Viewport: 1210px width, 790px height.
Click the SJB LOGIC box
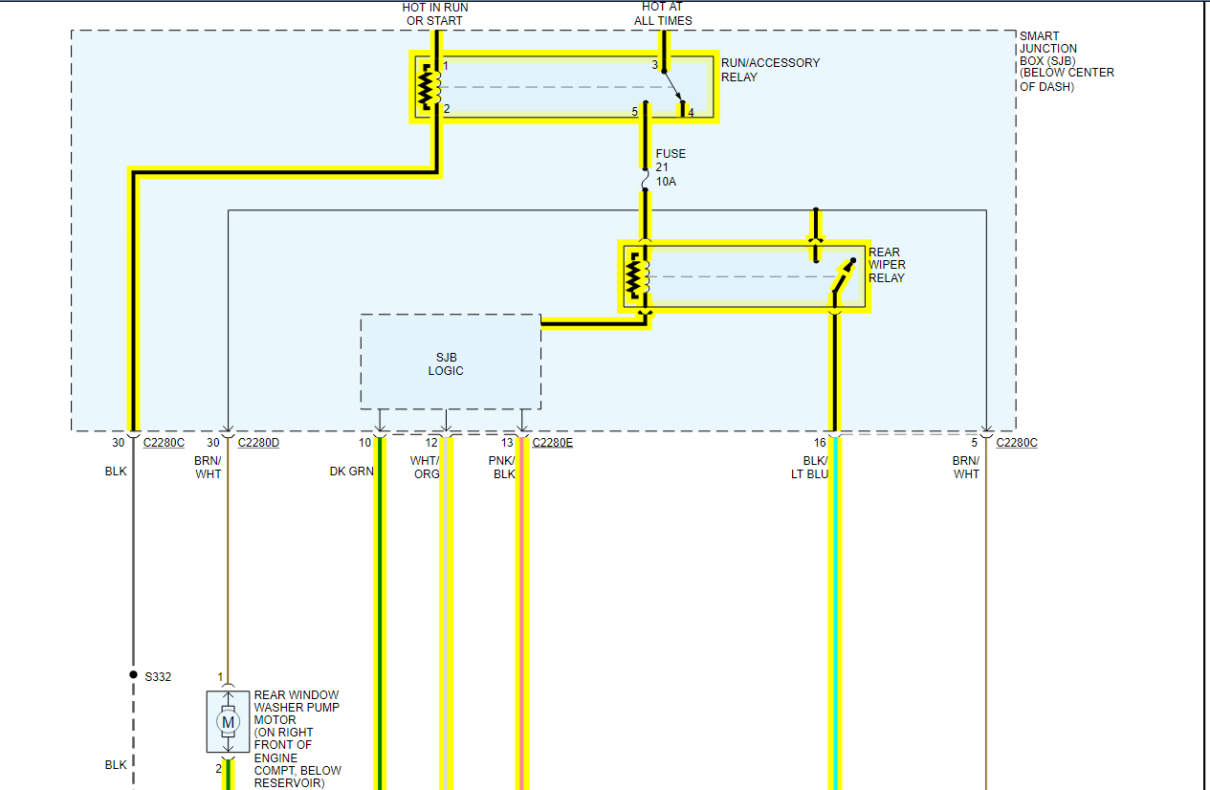451,362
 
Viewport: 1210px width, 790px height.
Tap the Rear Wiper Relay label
886,265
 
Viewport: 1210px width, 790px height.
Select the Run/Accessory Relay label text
770,70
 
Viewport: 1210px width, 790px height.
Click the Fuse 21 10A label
671,167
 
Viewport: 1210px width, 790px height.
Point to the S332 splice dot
133,674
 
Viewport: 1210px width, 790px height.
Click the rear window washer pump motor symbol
228,721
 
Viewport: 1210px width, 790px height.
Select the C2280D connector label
257,443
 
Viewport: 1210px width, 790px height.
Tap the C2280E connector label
552,443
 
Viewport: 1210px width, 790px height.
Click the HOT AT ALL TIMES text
663,13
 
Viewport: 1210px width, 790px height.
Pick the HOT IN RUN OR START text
435,13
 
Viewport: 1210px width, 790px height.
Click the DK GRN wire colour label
351,472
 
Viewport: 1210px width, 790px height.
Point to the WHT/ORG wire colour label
426,468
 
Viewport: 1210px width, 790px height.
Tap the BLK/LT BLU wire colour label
809,468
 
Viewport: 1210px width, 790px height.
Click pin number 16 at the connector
820,443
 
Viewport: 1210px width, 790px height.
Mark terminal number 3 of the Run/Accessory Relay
655,65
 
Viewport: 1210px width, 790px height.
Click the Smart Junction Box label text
1066,61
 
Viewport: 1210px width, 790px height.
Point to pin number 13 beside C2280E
507,443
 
